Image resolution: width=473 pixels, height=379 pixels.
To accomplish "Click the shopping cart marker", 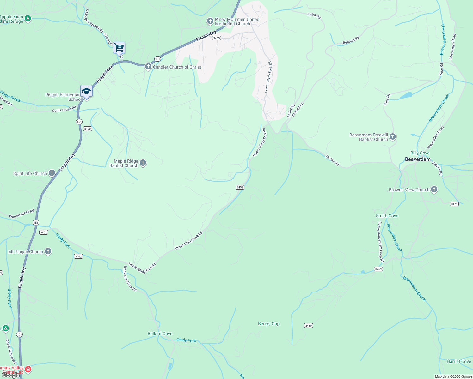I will click(x=119, y=48).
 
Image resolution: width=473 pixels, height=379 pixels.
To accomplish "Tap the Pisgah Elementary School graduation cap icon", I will click(x=86, y=92).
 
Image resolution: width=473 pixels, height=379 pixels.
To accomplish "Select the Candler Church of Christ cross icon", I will click(x=148, y=67).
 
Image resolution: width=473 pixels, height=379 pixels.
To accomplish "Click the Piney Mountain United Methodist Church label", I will click(x=237, y=21).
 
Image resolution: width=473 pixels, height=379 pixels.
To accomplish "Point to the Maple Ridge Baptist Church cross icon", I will click(x=143, y=163).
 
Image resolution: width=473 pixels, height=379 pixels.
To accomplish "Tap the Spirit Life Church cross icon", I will click(x=52, y=173).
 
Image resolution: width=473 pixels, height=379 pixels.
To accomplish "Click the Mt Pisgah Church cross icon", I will click(x=48, y=251).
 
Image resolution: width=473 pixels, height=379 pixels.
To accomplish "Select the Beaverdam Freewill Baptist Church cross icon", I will click(x=393, y=137).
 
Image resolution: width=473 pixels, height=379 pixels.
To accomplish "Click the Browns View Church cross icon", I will click(x=434, y=189).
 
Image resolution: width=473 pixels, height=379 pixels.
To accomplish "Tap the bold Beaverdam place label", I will click(x=418, y=159).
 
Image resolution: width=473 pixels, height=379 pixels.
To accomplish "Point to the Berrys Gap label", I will click(x=269, y=324).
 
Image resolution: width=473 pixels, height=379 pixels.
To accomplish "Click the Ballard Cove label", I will click(x=160, y=334).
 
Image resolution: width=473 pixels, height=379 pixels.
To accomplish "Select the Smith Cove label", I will click(x=387, y=216).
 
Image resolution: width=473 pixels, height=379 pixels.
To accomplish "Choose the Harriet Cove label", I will click(x=459, y=361).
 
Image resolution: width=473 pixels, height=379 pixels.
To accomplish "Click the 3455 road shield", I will click(x=217, y=38).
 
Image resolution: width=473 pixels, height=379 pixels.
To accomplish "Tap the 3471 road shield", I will click(x=454, y=204).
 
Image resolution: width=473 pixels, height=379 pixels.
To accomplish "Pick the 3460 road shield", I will click(x=88, y=129).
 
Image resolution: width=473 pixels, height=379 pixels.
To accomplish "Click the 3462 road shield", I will click(x=78, y=256).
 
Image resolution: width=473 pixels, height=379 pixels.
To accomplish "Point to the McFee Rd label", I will click(x=332, y=160).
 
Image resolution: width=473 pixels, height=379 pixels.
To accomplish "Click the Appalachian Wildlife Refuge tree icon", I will click(x=28, y=19).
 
